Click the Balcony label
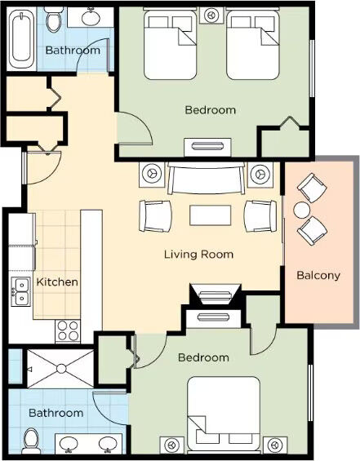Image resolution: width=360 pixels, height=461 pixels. click(x=318, y=276)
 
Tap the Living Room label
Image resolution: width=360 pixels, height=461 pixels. click(x=198, y=255)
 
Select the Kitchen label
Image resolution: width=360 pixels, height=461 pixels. click(x=57, y=282)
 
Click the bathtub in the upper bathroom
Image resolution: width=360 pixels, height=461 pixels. click(x=20, y=39)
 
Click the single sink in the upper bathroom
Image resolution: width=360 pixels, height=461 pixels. click(x=91, y=18)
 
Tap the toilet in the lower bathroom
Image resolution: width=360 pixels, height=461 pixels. click(x=31, y=441)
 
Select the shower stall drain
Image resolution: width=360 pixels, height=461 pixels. click(x=61, y=368)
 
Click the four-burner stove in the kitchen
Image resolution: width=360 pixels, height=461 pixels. click(x=68, y=330)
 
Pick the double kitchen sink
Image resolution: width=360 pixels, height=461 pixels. click(x=21, y=291)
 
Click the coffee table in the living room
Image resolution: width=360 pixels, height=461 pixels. click(x=211, y=215)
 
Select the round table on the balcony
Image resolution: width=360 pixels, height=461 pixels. click(x=301, y=211)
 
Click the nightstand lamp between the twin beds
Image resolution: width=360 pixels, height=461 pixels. click(x=211, y=15)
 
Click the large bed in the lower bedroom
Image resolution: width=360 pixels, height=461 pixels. click(x=224, y=414)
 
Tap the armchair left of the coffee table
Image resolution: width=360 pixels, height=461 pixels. click(x=155, y=215)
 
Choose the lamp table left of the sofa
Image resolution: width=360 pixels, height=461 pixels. click(x=152, y=175)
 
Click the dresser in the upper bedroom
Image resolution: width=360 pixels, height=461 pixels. click(x=207, y=147)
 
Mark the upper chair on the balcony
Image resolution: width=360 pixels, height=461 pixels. click(x=312, y=188)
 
